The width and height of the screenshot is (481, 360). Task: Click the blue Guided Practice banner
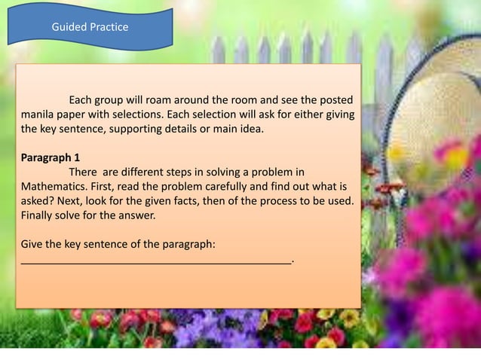click(x=90, y=28)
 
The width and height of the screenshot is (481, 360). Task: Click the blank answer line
click(x=155, y=261)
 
